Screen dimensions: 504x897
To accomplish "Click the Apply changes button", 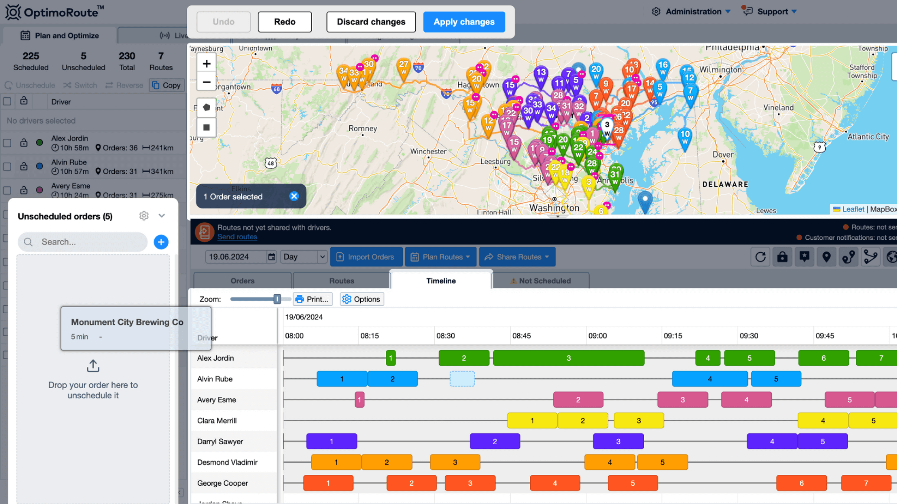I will (x=464, y=22).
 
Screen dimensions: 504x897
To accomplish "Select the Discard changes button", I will (x=371, y=22).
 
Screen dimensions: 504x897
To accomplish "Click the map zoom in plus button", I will (x=206, y=64).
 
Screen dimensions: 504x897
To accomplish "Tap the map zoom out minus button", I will (x=206, y=82).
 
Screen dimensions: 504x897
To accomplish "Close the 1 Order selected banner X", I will (x=294, y=196).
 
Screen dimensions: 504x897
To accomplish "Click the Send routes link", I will (x=237, y=237).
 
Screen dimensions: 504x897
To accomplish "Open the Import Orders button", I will (x=366, y=257).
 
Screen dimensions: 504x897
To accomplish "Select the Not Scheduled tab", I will (x=541, y=281).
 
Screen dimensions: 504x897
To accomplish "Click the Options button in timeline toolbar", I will (x=362, y=299).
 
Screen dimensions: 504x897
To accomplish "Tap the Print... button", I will (x=313, y=299).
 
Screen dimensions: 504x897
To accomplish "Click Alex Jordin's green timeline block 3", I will (x=568, y=358).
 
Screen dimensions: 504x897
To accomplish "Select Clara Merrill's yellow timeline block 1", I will (x=532, y=421).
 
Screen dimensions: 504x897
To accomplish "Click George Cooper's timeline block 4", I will (x=555, y=483).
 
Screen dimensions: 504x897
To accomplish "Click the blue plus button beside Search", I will (x=161, y=242).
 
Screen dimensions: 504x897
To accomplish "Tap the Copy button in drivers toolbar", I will (x=167, y=85).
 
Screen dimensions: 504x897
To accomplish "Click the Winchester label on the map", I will (x=428, y=151).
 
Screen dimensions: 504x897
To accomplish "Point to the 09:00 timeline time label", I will (x=597, y=336).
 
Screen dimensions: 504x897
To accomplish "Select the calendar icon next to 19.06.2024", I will (x=271, y=257).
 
